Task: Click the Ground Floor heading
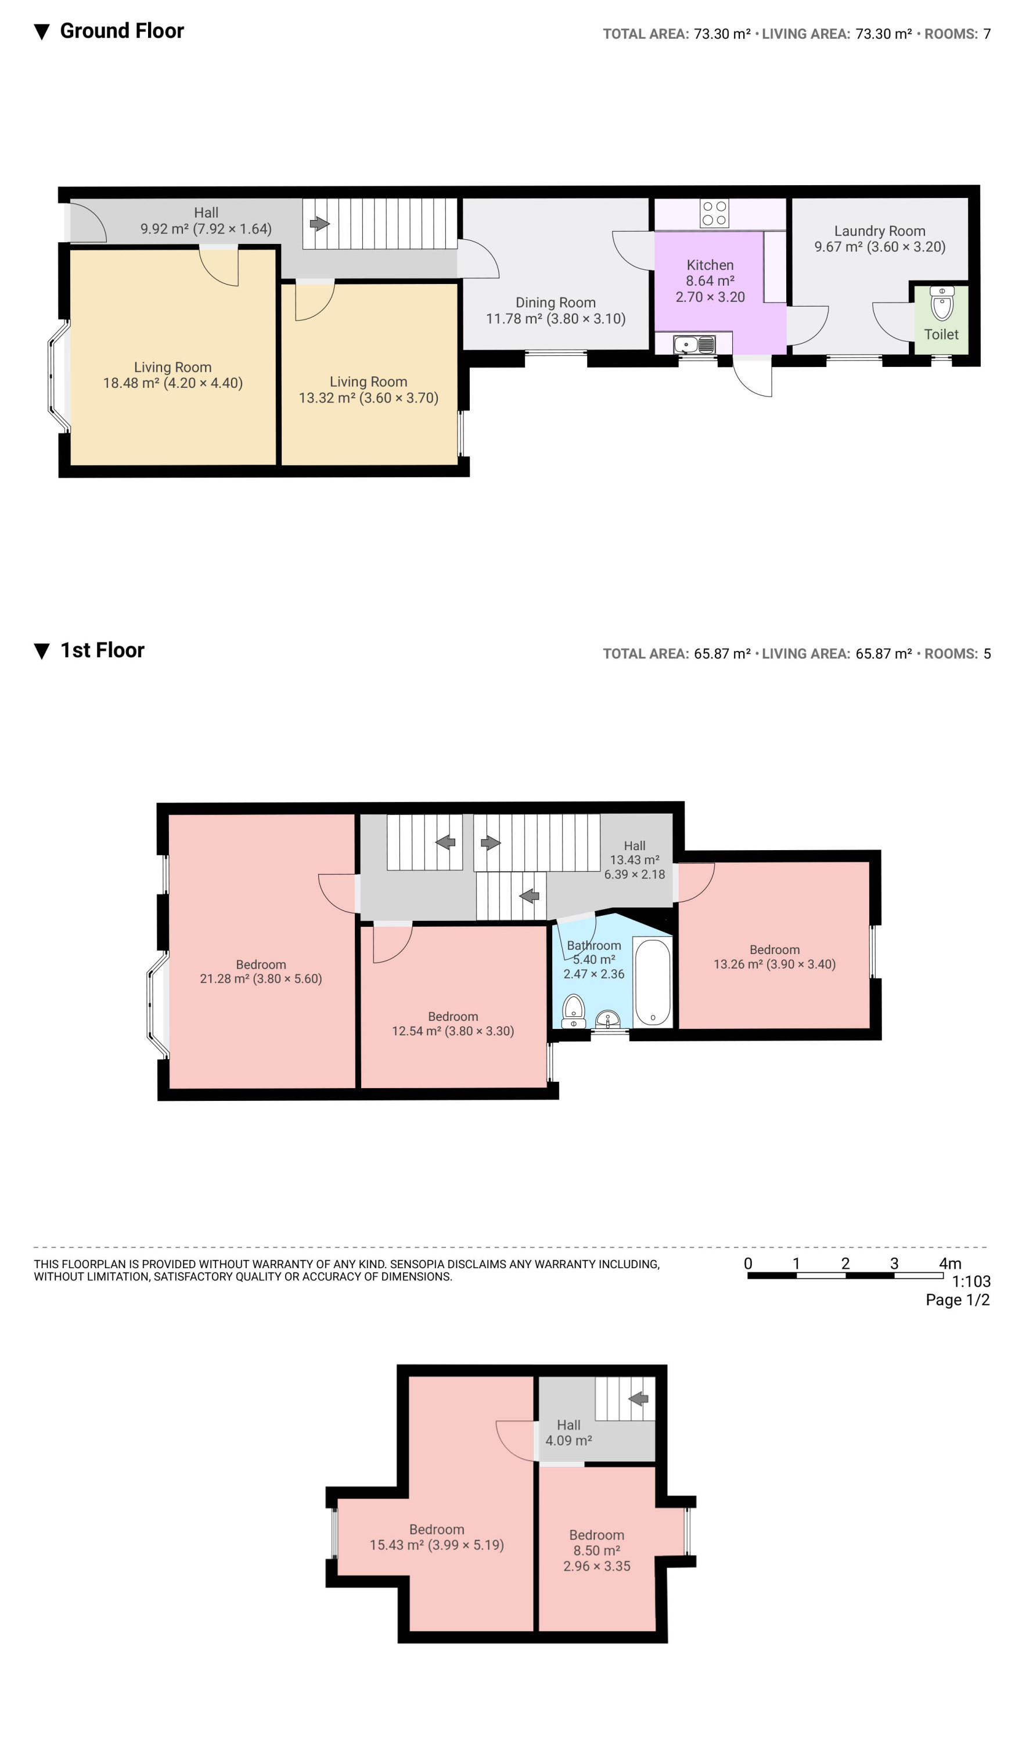122,31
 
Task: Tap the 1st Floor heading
102,650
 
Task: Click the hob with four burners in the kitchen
714,213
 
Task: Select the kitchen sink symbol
694,344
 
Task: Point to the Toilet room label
941,334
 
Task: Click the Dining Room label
555,303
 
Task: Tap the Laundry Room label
880,231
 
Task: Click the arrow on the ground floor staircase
319,224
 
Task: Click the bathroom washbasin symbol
608,1019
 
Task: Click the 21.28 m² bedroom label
261,971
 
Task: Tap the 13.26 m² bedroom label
775,957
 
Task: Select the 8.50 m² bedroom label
597,1550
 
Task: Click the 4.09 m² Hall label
568,1433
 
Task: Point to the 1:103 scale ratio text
971,1282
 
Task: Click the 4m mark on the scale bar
950,1264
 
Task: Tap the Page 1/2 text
958,1300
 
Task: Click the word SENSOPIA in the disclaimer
420,1264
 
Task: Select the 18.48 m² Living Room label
173,375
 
